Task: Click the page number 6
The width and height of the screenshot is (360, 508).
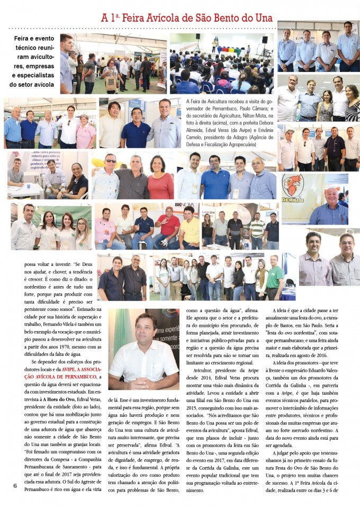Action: click(15, 486)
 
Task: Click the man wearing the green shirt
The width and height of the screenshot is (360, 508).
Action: click(275, 278)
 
